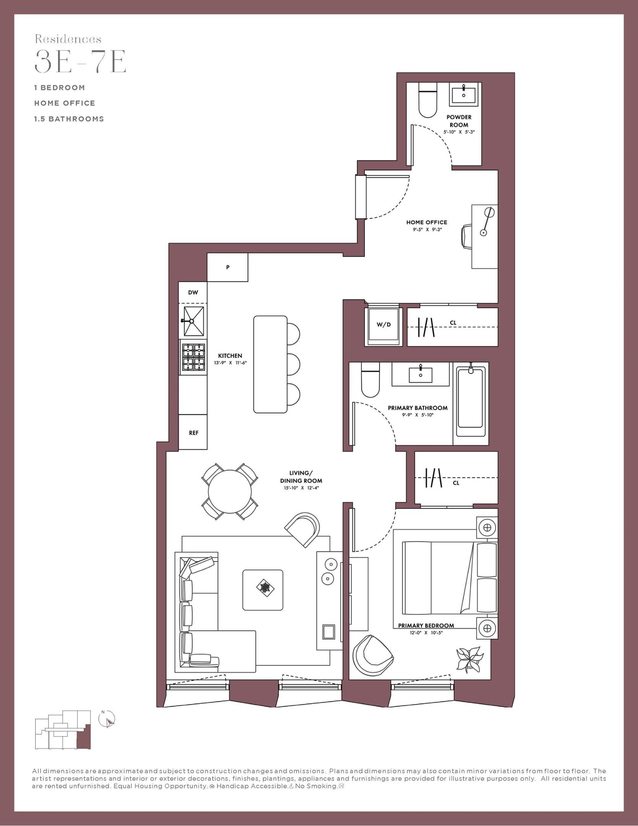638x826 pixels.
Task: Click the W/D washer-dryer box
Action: click(383, 325)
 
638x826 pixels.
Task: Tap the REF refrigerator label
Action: click(194, 433)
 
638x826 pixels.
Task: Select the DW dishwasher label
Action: click(193, 293)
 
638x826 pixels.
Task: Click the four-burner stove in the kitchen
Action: click(193, 357)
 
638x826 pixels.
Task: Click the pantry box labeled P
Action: click(228, 267)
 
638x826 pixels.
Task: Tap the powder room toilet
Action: click(428, 100)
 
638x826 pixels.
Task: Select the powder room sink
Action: click(464, 94)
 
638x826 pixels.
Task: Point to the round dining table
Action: click(230, 492)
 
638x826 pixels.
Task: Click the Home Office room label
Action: click(426, 222)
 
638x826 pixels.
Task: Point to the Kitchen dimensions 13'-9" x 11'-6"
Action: click(230, 363)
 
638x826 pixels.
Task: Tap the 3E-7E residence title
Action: click(80, 61)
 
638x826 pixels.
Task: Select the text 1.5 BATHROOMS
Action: click(69, 119)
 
